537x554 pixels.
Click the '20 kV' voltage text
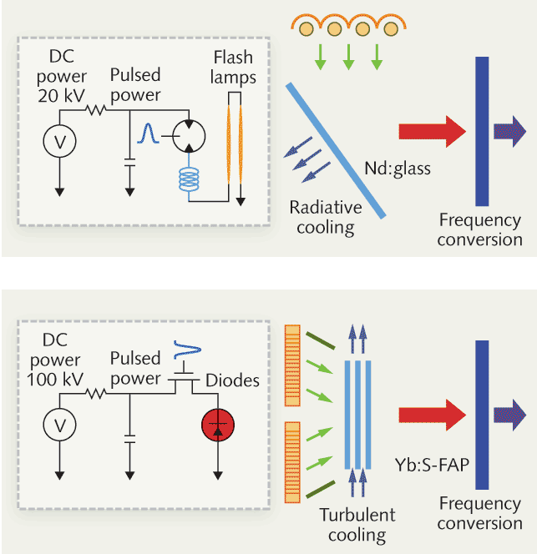pyautogui.click(x=62, y=95)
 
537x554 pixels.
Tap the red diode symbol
pyautogui.click(x=219, y=426)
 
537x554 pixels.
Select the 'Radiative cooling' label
pyautogui.click(x=326, y=217)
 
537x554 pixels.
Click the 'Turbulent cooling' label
pyautogui.click(x=357, y=524)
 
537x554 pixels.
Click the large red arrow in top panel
pyautogui.click(x=432, y=130)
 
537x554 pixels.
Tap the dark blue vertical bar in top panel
pyautogui.click(x=482, y=130)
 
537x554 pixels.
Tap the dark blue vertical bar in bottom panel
pyautogui.click(x=482, y=415)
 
